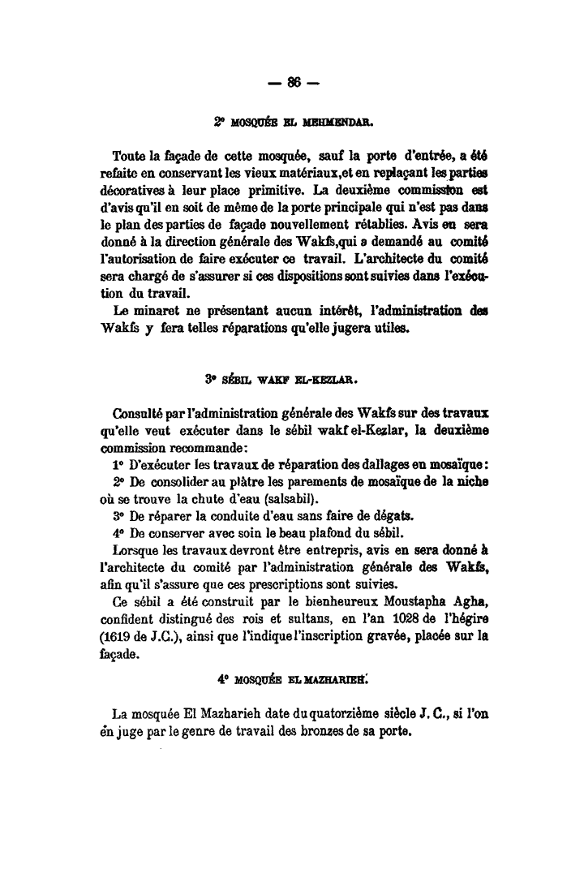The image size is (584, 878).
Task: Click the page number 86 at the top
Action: [x=293, y=81]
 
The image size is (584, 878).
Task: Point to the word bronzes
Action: [x=332, y=731]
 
